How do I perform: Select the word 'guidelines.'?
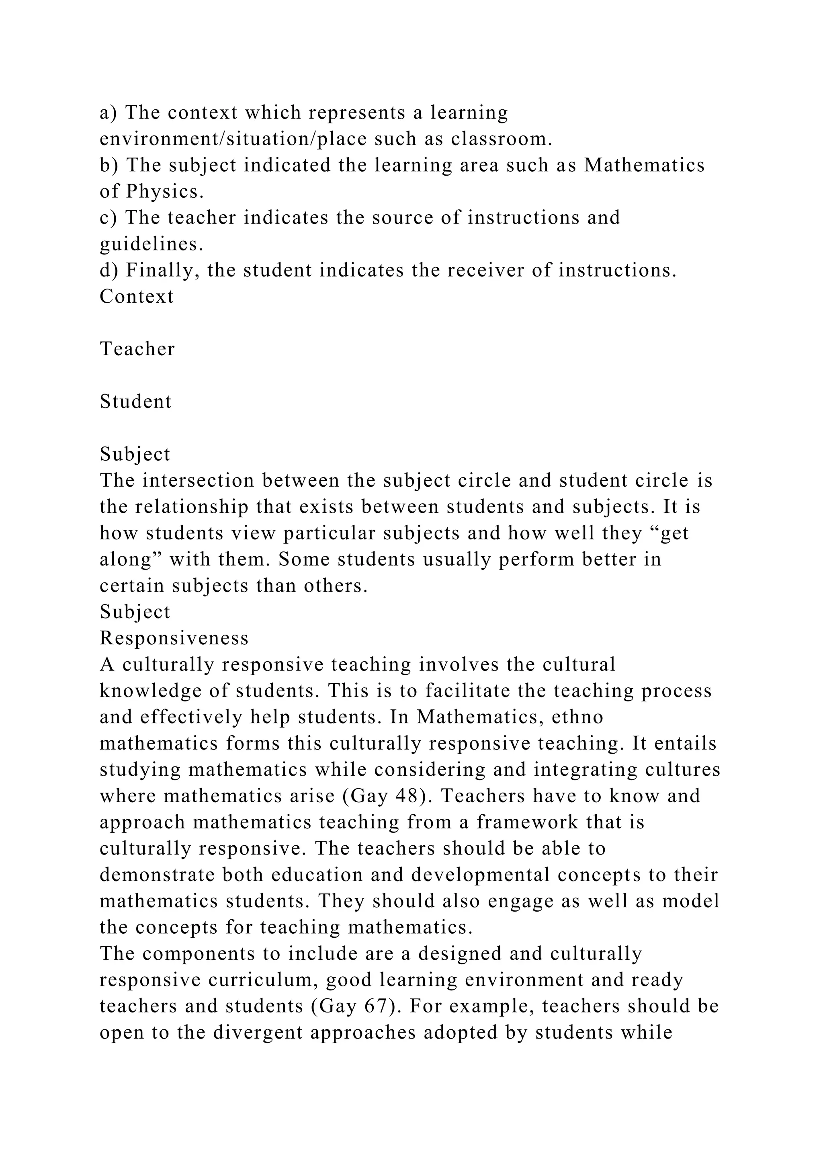(x=151, y=244)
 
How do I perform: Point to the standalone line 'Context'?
(x=137, y=297)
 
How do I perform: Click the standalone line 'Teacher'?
(x=137, y=349)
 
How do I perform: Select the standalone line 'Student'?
(x=136, y=402)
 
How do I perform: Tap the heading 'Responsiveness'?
(x=174, y=638)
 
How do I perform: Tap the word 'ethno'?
(x=577, y=717)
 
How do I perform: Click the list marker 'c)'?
(x=109, y=218)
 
